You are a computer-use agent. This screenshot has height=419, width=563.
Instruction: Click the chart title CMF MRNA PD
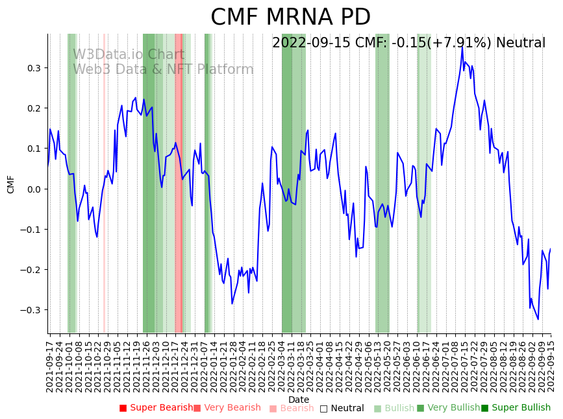coord(290,18)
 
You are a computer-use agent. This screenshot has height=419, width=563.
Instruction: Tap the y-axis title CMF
coord(11,184)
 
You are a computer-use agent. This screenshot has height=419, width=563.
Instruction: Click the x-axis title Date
coord(299,400)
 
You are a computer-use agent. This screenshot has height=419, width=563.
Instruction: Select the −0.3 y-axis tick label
coord(30,310)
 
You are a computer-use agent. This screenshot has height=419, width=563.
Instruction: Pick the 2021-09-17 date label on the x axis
coord(49,363)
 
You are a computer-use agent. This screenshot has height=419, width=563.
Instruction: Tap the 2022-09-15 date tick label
coord(552,363)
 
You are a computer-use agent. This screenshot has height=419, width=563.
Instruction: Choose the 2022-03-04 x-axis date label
coord(283,363)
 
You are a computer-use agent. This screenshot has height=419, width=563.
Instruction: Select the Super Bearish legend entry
coord(156,408)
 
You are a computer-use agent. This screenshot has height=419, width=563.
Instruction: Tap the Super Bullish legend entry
coord(516,408)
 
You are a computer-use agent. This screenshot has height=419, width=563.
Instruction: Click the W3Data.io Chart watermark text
coord(129,55)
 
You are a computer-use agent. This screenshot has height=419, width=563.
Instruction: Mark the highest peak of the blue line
coord(462,47)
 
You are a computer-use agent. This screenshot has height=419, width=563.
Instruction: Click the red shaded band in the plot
coord(179,183)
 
